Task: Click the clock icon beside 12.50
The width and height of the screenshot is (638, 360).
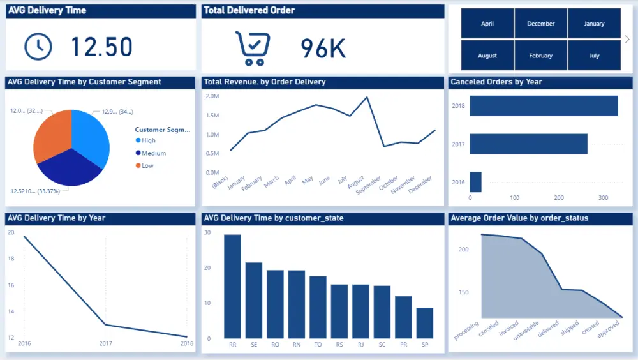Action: (x=38, y=46)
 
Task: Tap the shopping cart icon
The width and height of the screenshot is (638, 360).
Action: (x=253, y=48)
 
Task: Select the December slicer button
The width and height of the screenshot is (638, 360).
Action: (x=541, y=24)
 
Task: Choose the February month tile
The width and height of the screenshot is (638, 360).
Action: (x=541, y=56)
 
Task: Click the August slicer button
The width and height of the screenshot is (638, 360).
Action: (x=487, y=56)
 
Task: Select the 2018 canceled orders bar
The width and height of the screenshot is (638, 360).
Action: (x=544, y=106)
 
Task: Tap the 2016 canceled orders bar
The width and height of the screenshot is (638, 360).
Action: (x=475, y=182)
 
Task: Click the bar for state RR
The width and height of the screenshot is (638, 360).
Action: (x=232, y=287)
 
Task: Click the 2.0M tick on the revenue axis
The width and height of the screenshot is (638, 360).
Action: (x=212, y=96)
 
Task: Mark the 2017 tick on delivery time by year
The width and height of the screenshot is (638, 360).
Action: (x=106, y=343)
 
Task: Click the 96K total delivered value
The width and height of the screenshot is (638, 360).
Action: (x=323, y=49)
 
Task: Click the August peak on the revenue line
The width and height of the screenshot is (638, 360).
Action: (x=367, y=98)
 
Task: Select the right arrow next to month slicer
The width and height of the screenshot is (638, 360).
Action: (x=627, y=40)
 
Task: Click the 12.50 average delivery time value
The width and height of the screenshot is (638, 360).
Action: (x=101, y=47)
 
